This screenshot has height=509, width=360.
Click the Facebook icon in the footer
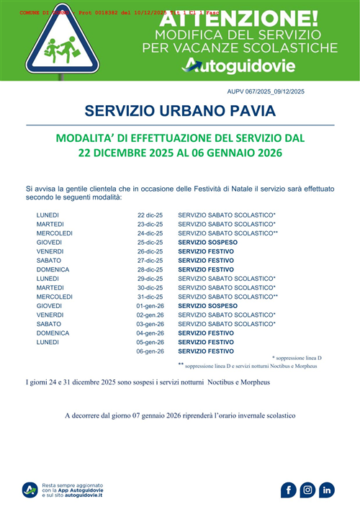click(288, 490)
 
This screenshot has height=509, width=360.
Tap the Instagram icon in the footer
click(307, 490)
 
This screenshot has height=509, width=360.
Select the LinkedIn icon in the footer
click(327, 490)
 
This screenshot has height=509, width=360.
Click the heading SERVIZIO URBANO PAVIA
click(180, 112)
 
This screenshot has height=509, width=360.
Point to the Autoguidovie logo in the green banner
click(239, 66)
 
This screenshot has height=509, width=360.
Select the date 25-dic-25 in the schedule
click(150, 243)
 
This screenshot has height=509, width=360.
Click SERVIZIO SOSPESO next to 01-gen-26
click(207, 306)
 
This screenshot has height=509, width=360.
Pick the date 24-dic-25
click(150, 233)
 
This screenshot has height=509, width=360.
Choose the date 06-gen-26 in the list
click(150, 351)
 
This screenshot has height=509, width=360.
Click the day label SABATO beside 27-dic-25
click(48, 261)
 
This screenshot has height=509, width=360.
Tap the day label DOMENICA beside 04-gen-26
click(53, 333)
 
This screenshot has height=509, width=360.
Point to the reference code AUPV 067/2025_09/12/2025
click(265, 91)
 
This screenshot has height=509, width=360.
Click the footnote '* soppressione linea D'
click(297, 358)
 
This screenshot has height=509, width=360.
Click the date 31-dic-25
click(150, 297)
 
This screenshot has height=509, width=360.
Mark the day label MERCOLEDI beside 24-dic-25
click(55, 233)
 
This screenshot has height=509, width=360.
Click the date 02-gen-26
click(150, 315)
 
